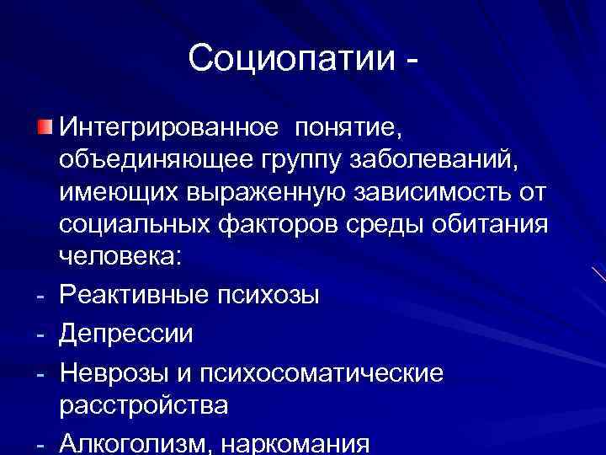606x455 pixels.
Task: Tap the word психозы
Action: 275,297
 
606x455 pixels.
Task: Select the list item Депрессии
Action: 126,334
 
